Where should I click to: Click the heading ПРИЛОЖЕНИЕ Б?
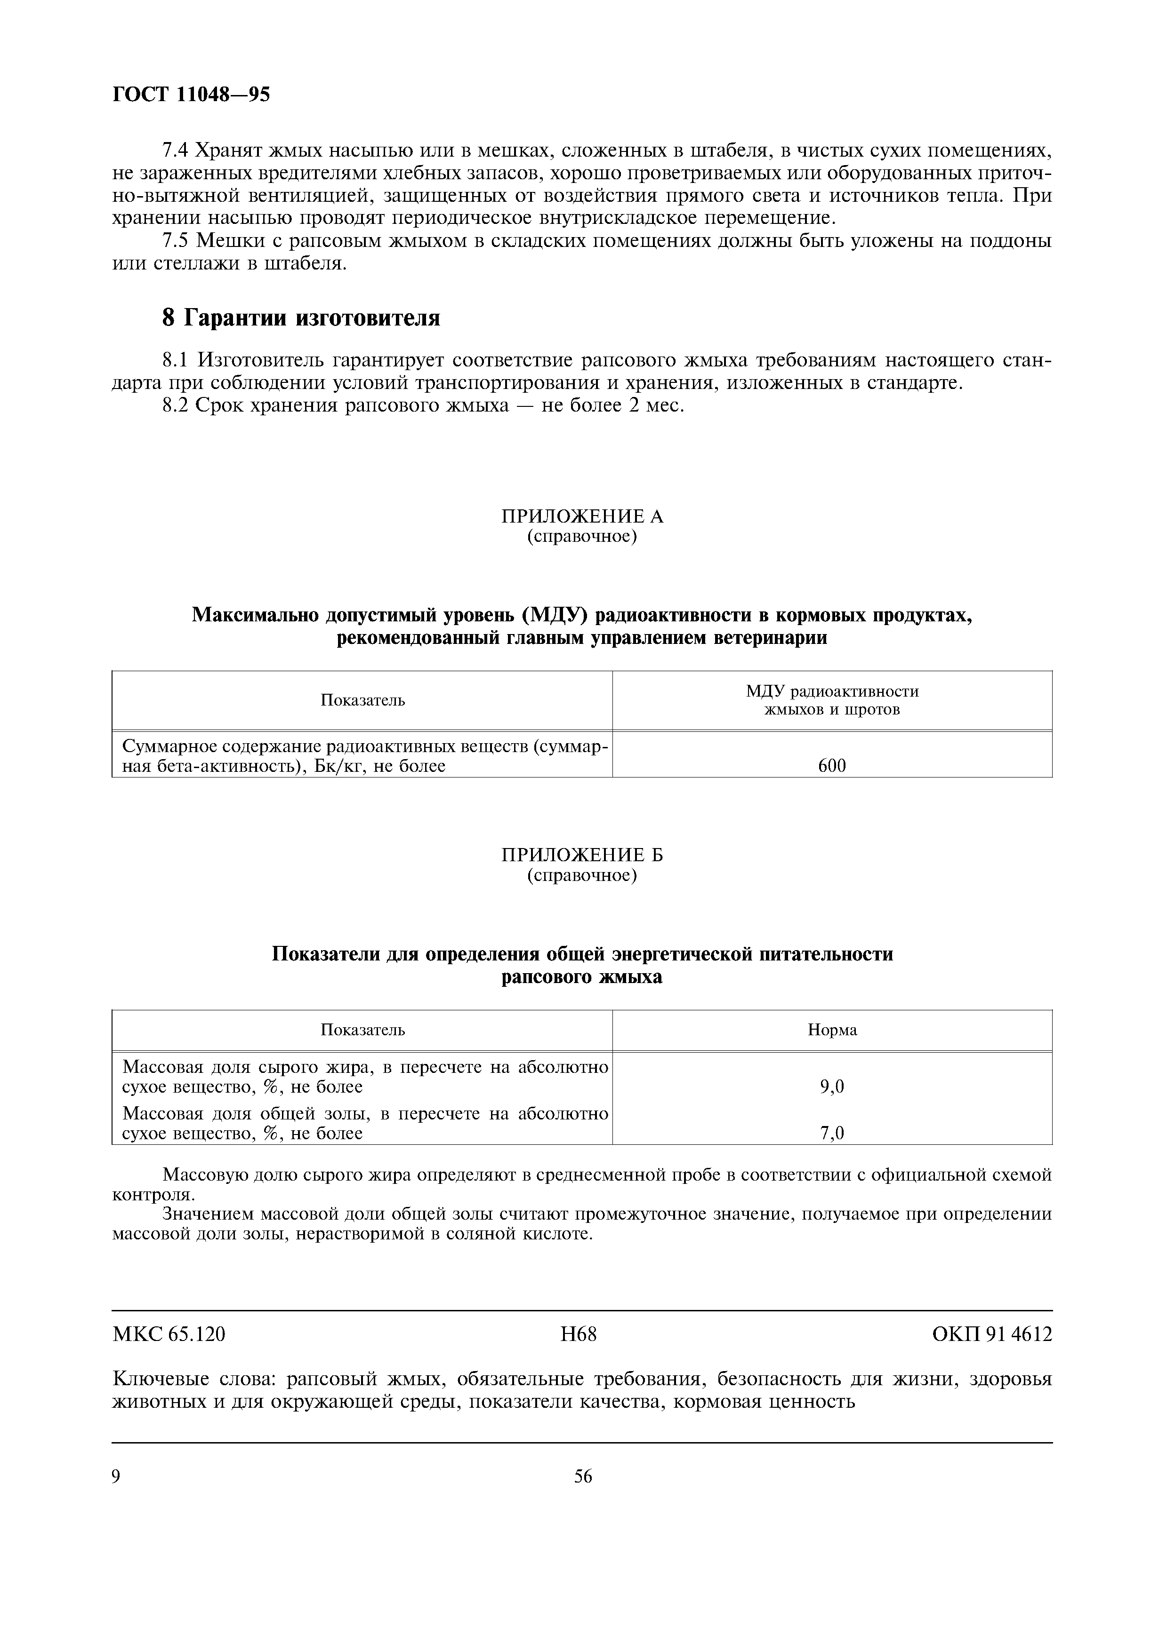(582, 855)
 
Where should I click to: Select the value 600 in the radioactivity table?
(832, 766)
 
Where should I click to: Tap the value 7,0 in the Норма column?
(832, 1133)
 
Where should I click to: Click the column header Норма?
(832, 1030)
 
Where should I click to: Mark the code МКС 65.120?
(169, 1334)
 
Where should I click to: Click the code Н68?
(579, 1334)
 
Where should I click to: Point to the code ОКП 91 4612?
(992, 1334)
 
